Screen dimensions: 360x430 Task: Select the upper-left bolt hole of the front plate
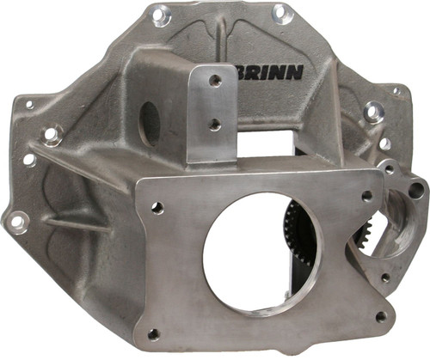click(157, 207)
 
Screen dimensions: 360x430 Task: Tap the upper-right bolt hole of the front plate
click(367, 196)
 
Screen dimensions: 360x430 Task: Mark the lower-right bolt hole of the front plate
click(381, 316)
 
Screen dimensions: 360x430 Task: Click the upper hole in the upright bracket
click(214, 80)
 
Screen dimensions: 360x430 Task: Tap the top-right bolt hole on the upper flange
click(279, 12)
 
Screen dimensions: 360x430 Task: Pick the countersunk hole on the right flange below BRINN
click(372, 112)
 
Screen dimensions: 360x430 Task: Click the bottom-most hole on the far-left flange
click(16, 221)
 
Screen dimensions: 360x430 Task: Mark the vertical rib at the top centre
click(221, 39)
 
